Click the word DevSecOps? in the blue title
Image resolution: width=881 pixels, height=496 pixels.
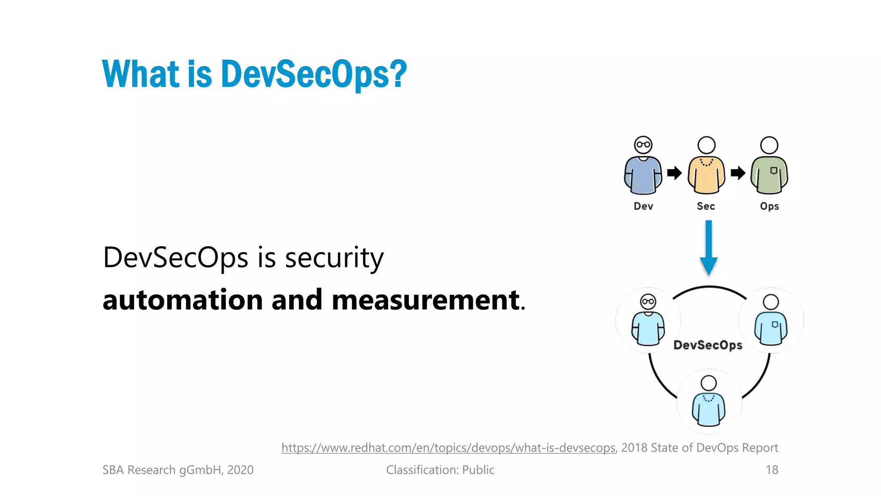click(x=314, y=74)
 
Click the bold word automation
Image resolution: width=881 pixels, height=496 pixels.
click(x=182, y=300)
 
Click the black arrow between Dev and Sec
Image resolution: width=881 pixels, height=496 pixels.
click(x=675, y=173)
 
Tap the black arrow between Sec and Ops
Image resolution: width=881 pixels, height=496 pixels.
click(x=738, y=173)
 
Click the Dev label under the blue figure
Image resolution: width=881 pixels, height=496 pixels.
click(x=643, y=206)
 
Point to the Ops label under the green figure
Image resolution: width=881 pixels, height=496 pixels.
click(x=769, y=206)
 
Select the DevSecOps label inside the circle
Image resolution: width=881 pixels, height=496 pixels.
click(x=708, y=345)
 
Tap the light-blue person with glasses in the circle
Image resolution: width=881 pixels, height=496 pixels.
click(x=648, y=320)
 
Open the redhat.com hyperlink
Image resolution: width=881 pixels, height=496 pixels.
click(x=448, y=448)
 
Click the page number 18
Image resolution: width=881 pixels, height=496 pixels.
click(x=772, y=470)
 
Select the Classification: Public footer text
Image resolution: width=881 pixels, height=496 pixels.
click(x=440, y=470)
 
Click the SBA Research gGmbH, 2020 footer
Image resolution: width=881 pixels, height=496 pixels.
click(x=178, y=470)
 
